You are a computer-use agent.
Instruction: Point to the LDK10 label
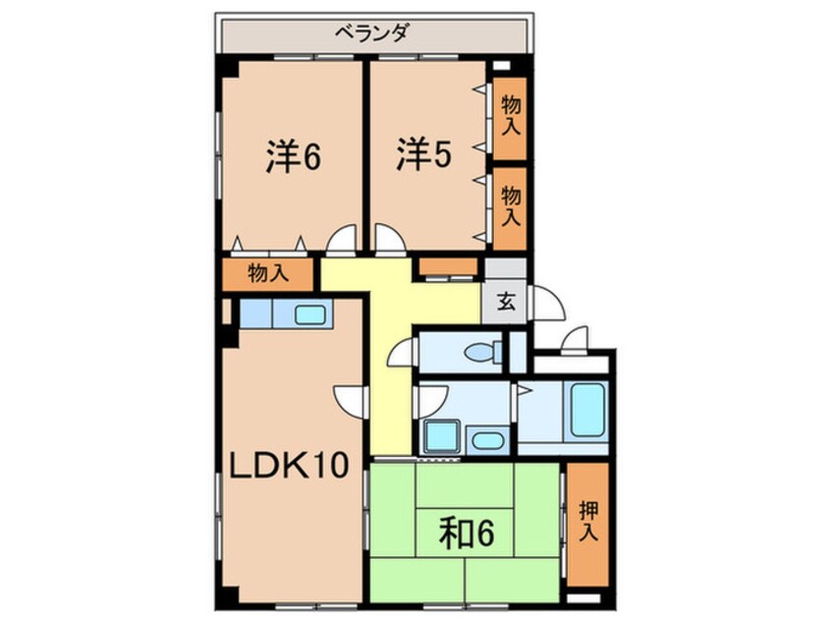pyautogui.click(x=290, y=465)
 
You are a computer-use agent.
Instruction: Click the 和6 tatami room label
pyautogui.click(x=465, y=534)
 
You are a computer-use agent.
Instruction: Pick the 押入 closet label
pyautogui.click(x=587, y=522)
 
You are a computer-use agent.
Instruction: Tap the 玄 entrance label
pyautogui.click(x=505, y=302)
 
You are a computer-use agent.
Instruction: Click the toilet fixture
pyautogui.click(x=480, y=351)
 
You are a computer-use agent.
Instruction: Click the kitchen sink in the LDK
pyautogui.click(x=310, y=314)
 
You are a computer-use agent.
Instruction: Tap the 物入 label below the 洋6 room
pyautogui.click(x=267, y=273)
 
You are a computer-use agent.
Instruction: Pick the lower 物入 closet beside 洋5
pyautogui.click(x=510, y=203)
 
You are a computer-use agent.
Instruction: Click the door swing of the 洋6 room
pyautogui.click(x=343, y=239)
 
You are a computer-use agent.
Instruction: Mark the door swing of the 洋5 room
pyautogui.click(x=387, y=239)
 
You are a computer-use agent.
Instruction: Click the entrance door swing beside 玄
pyautogui.click(x=550, y=302)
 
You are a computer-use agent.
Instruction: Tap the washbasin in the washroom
pyautogui.click(x=485, y=439)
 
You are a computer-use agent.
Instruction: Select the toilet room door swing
pyautogui.click(x=404, y=353)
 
